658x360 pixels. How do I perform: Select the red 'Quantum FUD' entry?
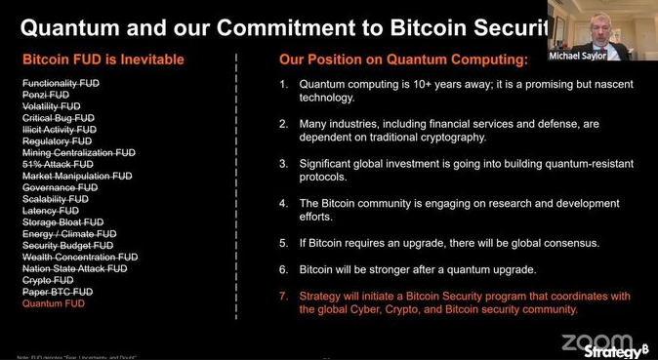[54, 303]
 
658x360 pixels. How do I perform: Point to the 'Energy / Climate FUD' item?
[69, 234]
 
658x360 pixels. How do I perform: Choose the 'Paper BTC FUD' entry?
[58, 292]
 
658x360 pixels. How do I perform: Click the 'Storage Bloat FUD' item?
[63, 222]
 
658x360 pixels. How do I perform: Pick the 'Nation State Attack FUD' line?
[75, 268]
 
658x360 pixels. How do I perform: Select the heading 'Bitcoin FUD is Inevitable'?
[103, 60]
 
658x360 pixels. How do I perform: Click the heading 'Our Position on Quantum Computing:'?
[403, 60]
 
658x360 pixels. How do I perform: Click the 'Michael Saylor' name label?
[605, 57]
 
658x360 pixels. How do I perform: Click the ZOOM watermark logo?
[595, 341]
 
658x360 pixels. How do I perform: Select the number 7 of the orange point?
[283, 296]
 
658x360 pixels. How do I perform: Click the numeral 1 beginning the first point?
[283, 84]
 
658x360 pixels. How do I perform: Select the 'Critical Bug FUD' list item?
[59, 118]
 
